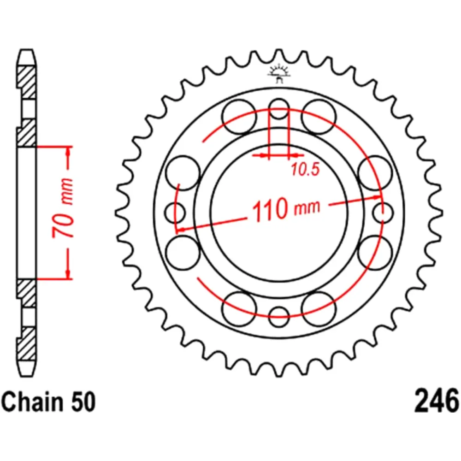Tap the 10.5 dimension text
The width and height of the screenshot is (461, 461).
[x=305, y=170]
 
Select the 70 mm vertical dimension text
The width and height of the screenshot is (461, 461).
[x=63, y=207]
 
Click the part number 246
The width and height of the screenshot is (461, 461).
[x=436, y=401]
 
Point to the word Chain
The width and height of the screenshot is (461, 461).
[x=32, y=402]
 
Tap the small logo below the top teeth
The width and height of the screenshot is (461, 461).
[x=279, y=73]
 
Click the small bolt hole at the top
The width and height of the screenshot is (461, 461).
[x=279, y=109]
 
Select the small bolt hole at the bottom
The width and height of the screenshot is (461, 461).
[x=279, y=317]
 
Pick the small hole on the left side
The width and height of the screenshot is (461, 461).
[x=175, y=213]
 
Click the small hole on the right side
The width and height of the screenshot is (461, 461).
[x=383, y=213]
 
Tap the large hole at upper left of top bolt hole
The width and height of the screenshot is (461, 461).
[x=239, y=117]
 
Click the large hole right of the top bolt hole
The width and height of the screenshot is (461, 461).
[x=319, y=117]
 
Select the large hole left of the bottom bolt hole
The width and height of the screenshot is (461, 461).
[x=239, y=309]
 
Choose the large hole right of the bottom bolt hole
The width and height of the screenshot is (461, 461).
[x=319, y=309]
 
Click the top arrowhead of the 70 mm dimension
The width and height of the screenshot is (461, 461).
[x=69, y=151]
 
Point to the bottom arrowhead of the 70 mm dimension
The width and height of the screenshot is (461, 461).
[x=69, y=274]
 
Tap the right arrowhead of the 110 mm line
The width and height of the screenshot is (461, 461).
[x=376, y=197]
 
